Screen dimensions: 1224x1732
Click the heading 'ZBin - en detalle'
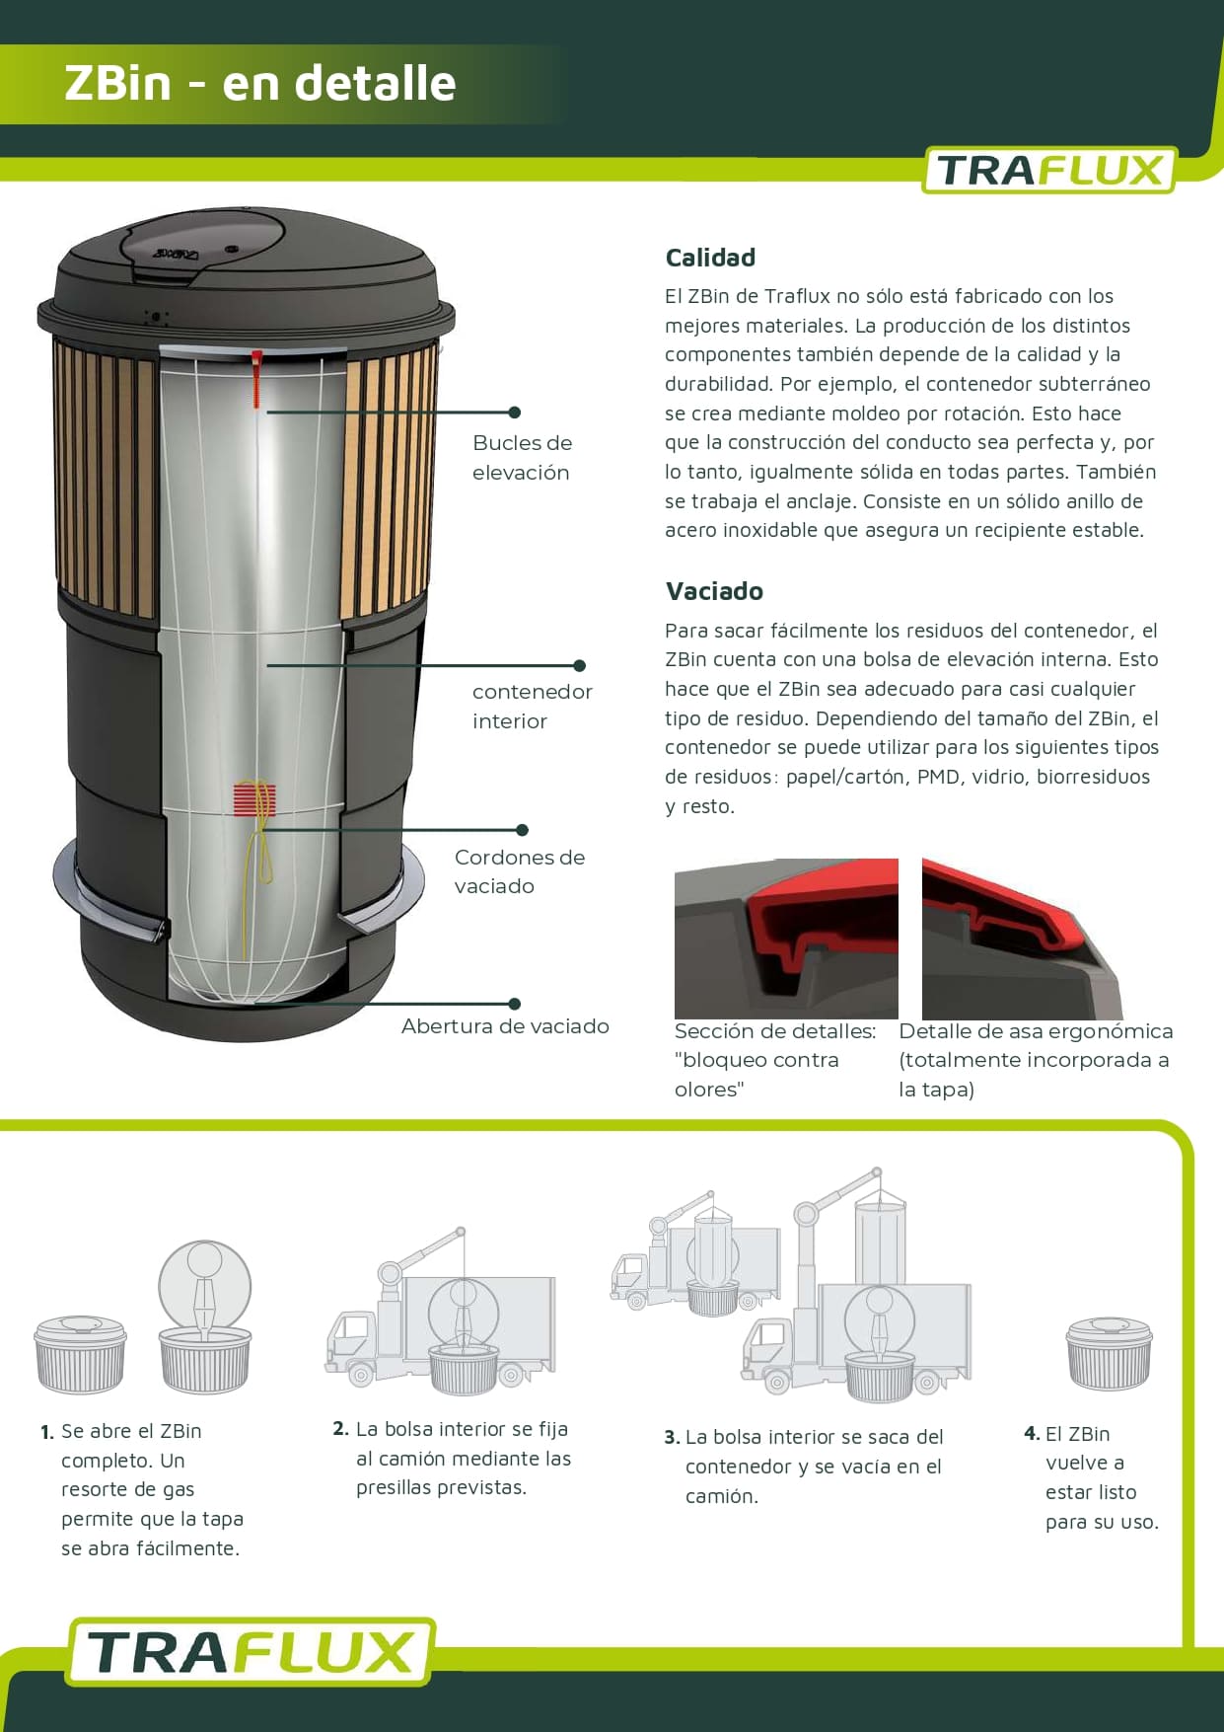pyautogui.click(x=260, y=83)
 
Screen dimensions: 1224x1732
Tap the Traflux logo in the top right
pyautogui.click(x=1049, y=170)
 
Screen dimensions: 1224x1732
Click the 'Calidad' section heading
pyautogui.click(x=710, y=258)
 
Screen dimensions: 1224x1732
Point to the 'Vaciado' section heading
pyautogui.click(x=714, y=591)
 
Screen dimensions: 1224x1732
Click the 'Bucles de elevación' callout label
pyautogui.click(x=522, y=457)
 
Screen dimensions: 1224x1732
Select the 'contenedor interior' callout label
pyautogui.click(x=533, y=706)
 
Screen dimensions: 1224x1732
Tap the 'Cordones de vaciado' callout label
pyautogui.click(x=520, y=871)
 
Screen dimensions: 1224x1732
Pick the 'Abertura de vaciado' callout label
pyautogui.click(x=505, y=1026)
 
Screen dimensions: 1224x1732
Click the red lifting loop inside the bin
pyautogui.click(x=257, y=377)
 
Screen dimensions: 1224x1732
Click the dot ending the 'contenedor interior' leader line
pyautogui.click(x=579, y=666)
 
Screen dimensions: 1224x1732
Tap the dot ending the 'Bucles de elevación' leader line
pyautogui.click(x=515, y=413)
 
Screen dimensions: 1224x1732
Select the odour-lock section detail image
pyautogui.click(x=786, y=939)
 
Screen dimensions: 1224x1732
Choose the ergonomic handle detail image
pyautogui.click(x=1023, y=939)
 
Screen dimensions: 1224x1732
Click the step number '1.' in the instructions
pyautogui.click(x=47, y=1432)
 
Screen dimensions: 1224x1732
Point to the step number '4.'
pyautogui.click(x=1032, y=1433)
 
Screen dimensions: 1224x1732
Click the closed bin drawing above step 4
pyautogui.click(x=1109, y=1353)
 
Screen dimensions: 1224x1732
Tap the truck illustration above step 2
pyautogui.click(x=440, y=1311)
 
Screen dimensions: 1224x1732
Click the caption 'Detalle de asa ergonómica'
pyautogui.click(x=1037, y=1031)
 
